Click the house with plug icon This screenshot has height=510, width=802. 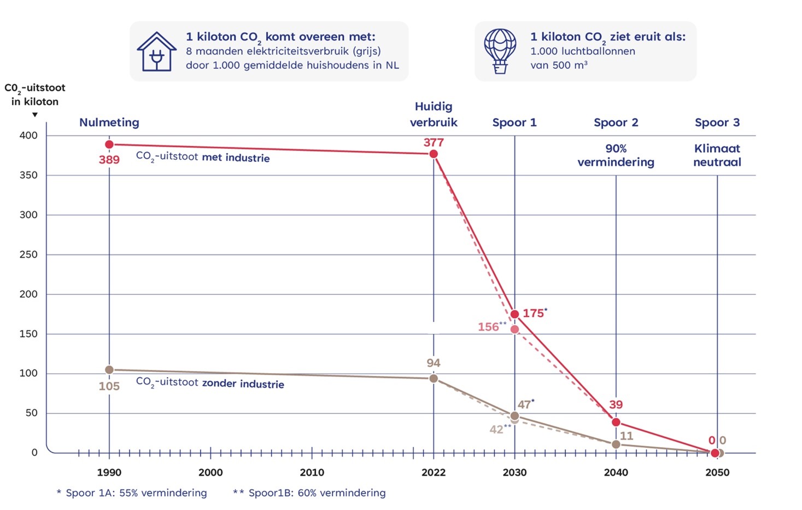coord(157,51)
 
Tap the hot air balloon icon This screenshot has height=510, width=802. coord(500,51)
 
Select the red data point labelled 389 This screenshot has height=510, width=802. coord(109,144)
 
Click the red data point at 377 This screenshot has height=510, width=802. coord(434,154)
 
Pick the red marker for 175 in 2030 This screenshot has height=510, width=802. coord(514,314)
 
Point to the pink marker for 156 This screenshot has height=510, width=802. coord(514,329)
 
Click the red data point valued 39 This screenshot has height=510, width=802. coord(616,422)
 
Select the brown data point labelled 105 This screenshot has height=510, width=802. coord(109,370)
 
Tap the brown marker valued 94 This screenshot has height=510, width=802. coord(434,379)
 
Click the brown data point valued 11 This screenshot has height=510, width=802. coord(616,444)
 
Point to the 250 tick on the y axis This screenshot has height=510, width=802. coord(28,254)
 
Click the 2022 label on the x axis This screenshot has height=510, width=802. coord(434,472)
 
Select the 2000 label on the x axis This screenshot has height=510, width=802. coord(210,472)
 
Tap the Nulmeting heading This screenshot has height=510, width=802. coord(109,123)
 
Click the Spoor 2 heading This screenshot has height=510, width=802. coord(616,123)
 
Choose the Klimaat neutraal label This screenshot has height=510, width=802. coord(717,155)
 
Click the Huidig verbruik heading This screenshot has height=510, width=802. coord(434,114)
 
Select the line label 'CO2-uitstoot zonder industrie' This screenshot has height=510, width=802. coord(210,382)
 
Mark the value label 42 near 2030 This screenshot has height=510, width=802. coord(496,430)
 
